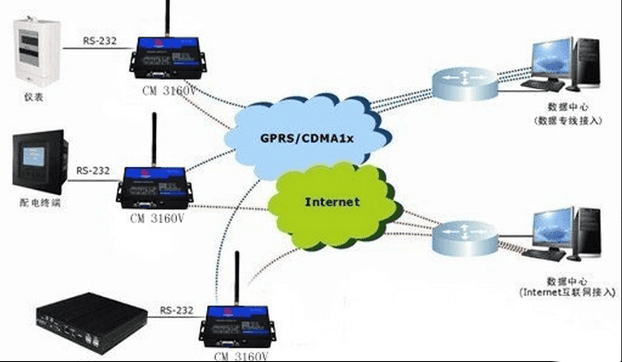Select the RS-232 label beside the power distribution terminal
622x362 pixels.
[x=93, y=171]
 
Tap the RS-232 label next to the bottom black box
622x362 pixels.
[x=176, y=309]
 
